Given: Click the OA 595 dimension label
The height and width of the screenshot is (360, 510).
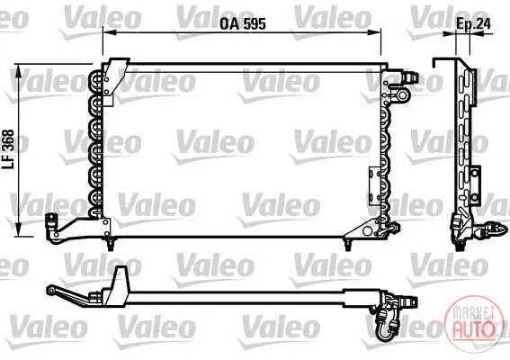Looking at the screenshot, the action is [243, 23].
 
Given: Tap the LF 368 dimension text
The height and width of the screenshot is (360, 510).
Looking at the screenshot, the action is [9, 149].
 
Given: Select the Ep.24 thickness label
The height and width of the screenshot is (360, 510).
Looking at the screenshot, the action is [473, 23].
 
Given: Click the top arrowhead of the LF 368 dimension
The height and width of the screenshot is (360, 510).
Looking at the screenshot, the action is [19, 70].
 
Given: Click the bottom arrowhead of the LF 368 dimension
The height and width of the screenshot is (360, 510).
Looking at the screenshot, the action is [19, 229].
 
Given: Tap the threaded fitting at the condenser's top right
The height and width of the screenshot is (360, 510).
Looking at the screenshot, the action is [409, 76].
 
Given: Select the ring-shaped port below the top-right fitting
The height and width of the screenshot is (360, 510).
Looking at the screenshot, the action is [402, 95].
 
